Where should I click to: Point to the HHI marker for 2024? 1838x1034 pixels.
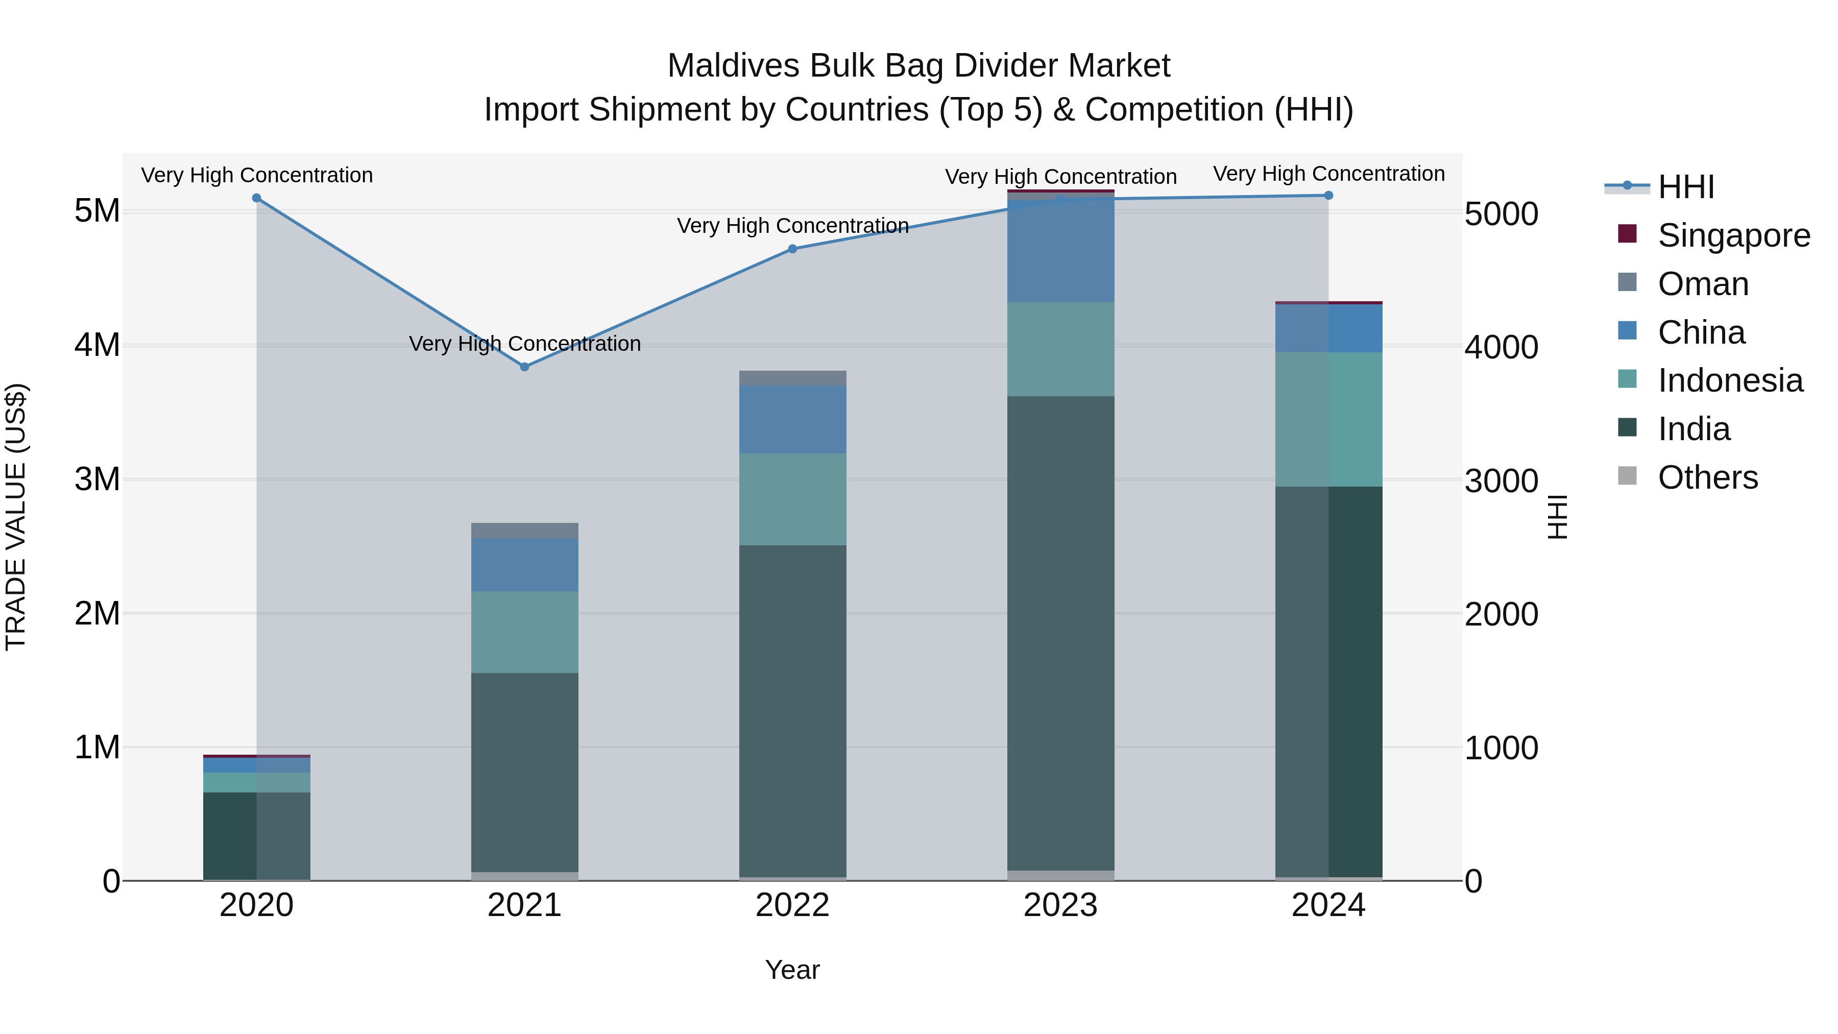tap(1328, 196)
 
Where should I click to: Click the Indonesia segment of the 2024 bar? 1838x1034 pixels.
tap(1328, 420)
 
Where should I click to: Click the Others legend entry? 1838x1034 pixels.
tap(1707, 477)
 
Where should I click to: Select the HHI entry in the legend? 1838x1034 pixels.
tap(1685, 187)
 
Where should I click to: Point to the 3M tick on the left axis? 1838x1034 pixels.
tap(97, 479)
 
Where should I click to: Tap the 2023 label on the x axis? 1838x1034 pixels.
tap(1060, 905)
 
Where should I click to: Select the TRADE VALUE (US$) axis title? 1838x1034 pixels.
tap(16, 517)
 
